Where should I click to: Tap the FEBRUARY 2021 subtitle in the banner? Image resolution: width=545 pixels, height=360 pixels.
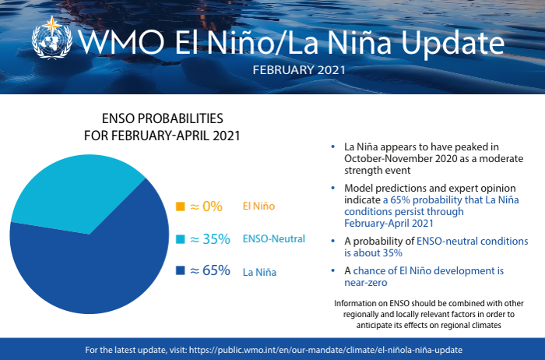pyautogui.click(x=299, y=70)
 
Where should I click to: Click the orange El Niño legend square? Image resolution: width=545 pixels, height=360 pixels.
pyautogui.click(x=180, y=206)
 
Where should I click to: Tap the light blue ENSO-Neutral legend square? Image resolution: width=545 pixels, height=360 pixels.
pyautogui.click(x=180, y=239)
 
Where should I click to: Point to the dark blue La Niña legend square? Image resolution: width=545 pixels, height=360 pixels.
pyautogui.click(x=180, y=271)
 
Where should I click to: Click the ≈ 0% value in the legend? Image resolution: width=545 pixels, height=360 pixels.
pyautogui.click(x=206, y=206)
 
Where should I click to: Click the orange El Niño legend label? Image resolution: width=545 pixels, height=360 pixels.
pyautogui.click(x=260, y=207)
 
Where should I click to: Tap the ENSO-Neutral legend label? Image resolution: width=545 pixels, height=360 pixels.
pyautogui.click(x=273, y=239)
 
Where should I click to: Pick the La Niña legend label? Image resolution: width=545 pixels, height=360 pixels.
pyautogui.click(x=260, y=272)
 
